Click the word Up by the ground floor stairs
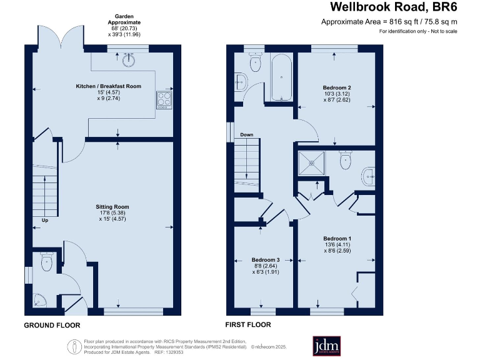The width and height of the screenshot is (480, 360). (x=44, y=221)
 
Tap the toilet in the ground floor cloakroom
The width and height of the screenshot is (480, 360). (x=46, y=262)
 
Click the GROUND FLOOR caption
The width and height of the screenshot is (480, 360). (x=52, y=325)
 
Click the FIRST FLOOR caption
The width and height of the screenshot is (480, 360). (x=248, y=325)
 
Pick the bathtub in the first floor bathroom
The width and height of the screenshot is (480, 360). (x=282, y=77)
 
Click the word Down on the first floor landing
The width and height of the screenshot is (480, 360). (x=246, y=134)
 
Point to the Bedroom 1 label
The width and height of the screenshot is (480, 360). (x=337, y=239)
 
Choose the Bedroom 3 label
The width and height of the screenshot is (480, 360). (x=265, y=259)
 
